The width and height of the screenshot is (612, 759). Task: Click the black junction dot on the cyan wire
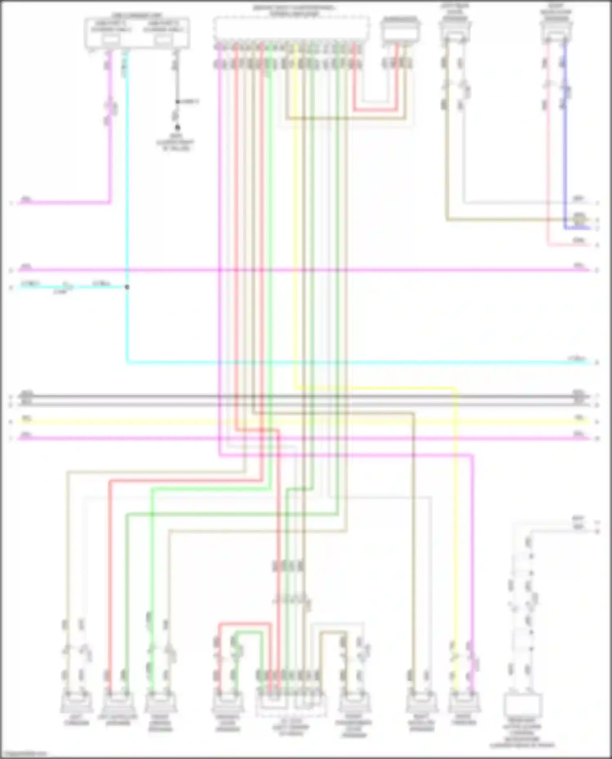(x=127, y=287)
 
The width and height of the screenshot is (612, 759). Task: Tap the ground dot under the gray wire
(x=177, y=128)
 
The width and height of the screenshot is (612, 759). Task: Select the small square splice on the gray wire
(x=177, y=101)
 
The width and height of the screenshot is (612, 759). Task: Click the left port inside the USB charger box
(x=111, y=40)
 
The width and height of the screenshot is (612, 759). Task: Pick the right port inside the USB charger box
(x=162, y=40)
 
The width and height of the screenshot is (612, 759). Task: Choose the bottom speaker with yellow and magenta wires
(x=464, y=702)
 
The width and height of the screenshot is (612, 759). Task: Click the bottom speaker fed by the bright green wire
(x=160, y=702)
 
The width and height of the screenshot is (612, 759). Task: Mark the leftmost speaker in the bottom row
(x=76, y=702)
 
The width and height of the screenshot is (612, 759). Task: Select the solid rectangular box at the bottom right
(x=523, y=705)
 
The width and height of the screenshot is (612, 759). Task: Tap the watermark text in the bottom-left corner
(x=24, y=754)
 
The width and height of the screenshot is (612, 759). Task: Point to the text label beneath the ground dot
(x=176, y=142)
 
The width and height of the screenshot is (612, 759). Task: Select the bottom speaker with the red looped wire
(x=227, y=702)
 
